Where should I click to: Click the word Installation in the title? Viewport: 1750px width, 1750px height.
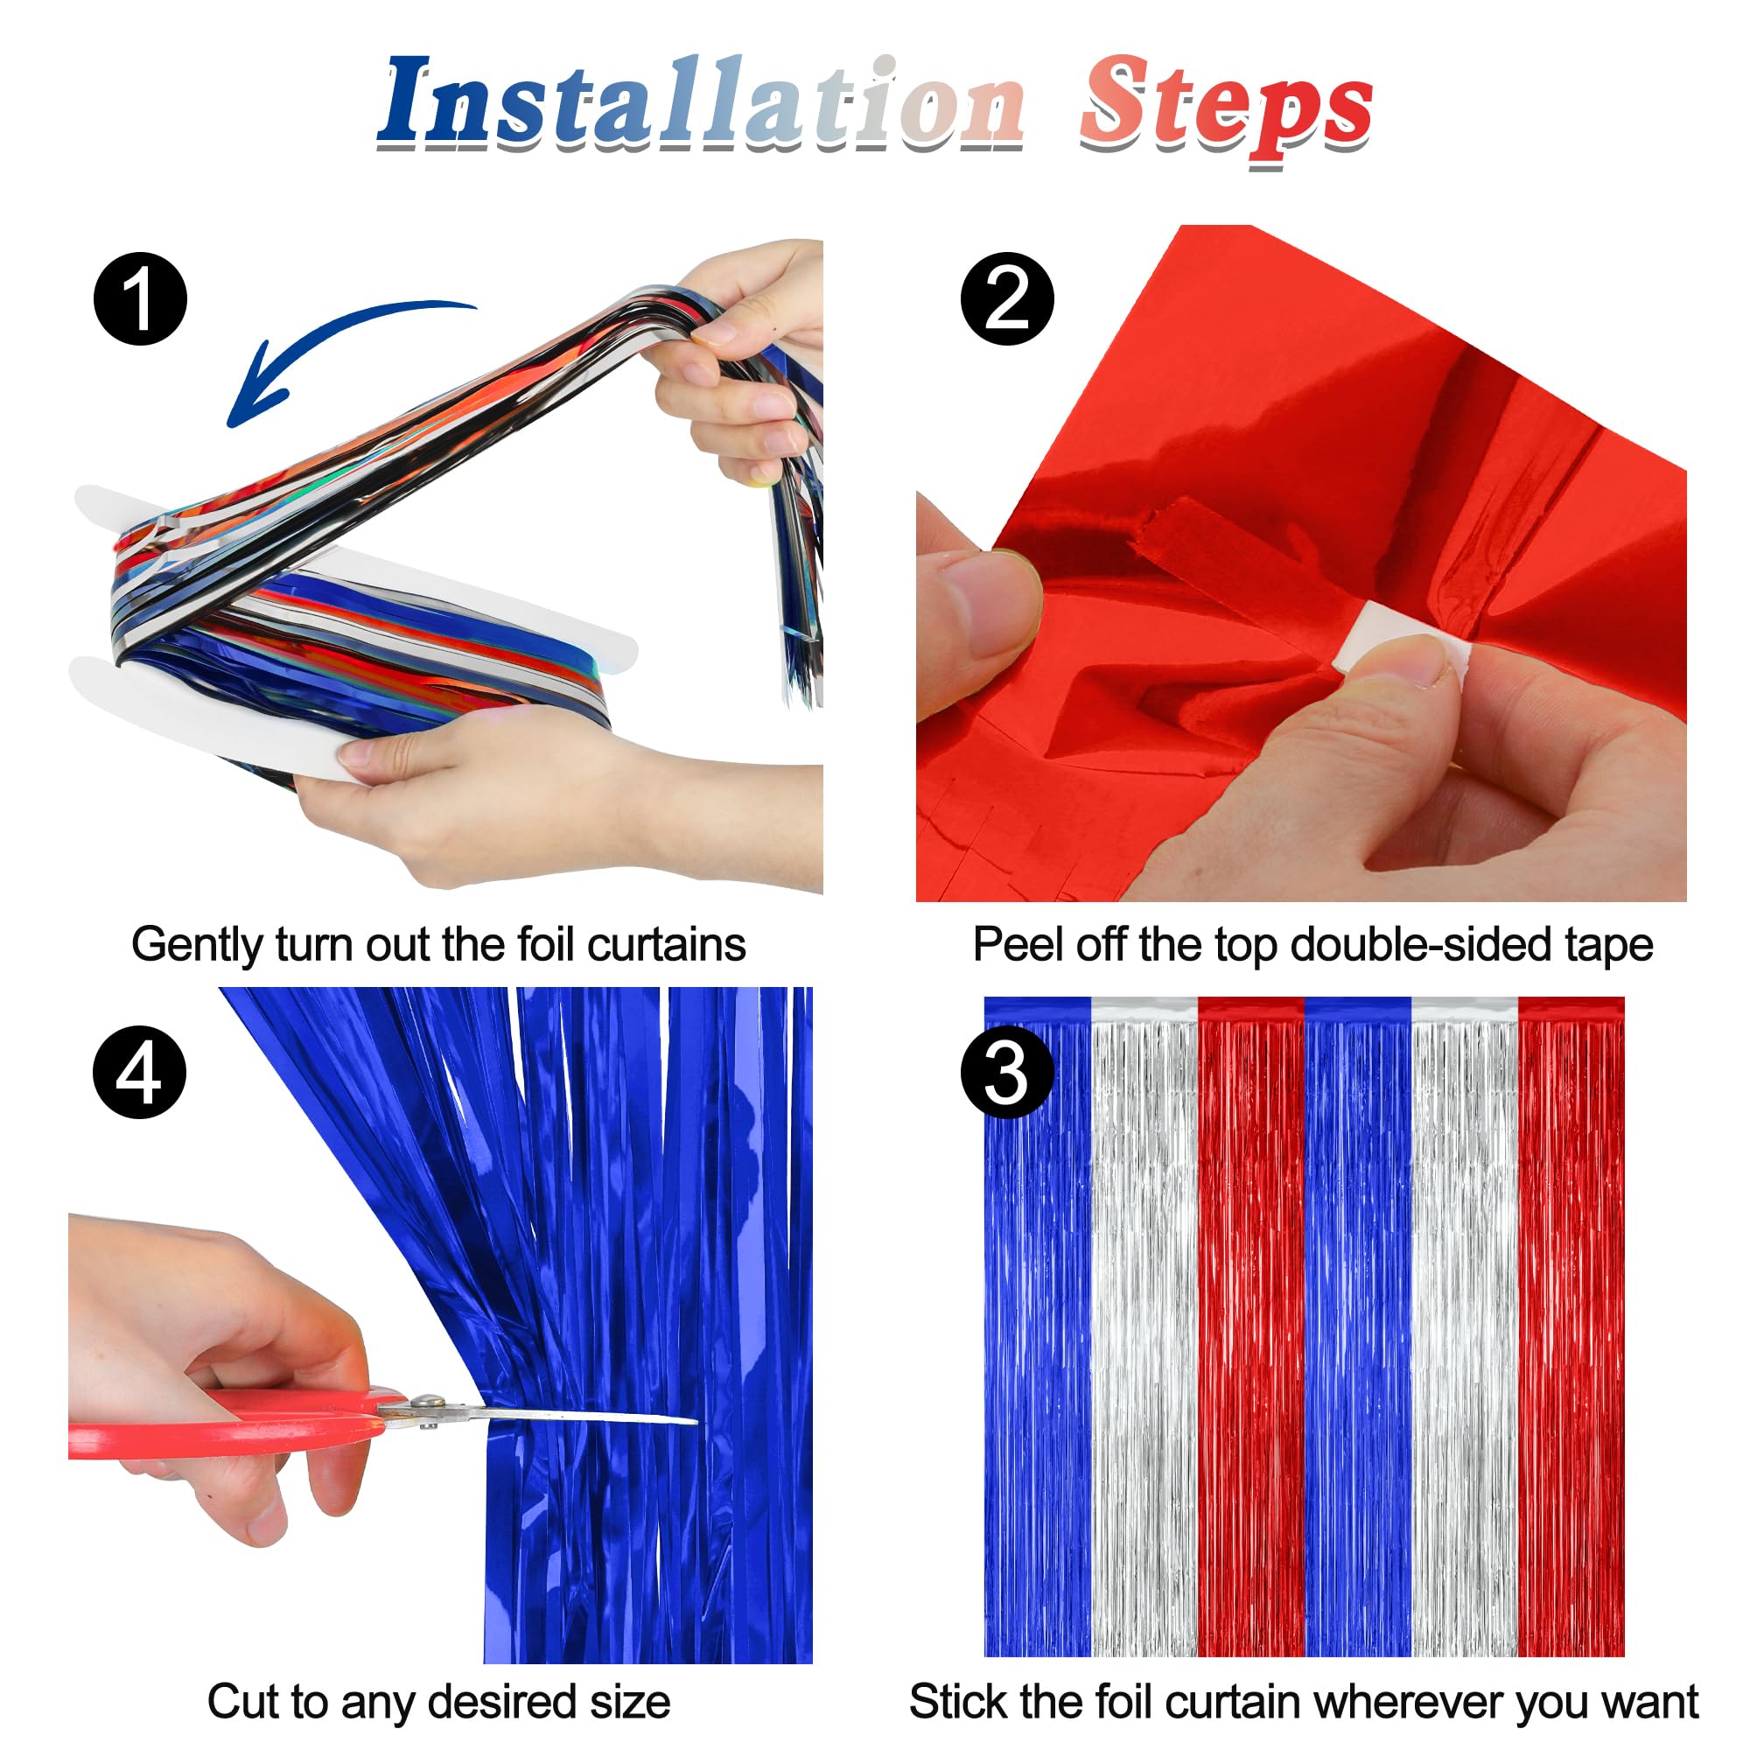tap(702, 104)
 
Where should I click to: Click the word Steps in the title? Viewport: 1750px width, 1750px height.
tap(1225, 108)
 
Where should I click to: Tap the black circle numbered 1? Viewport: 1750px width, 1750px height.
tap(140, 299)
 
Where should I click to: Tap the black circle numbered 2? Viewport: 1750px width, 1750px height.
tap(1007, 299)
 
